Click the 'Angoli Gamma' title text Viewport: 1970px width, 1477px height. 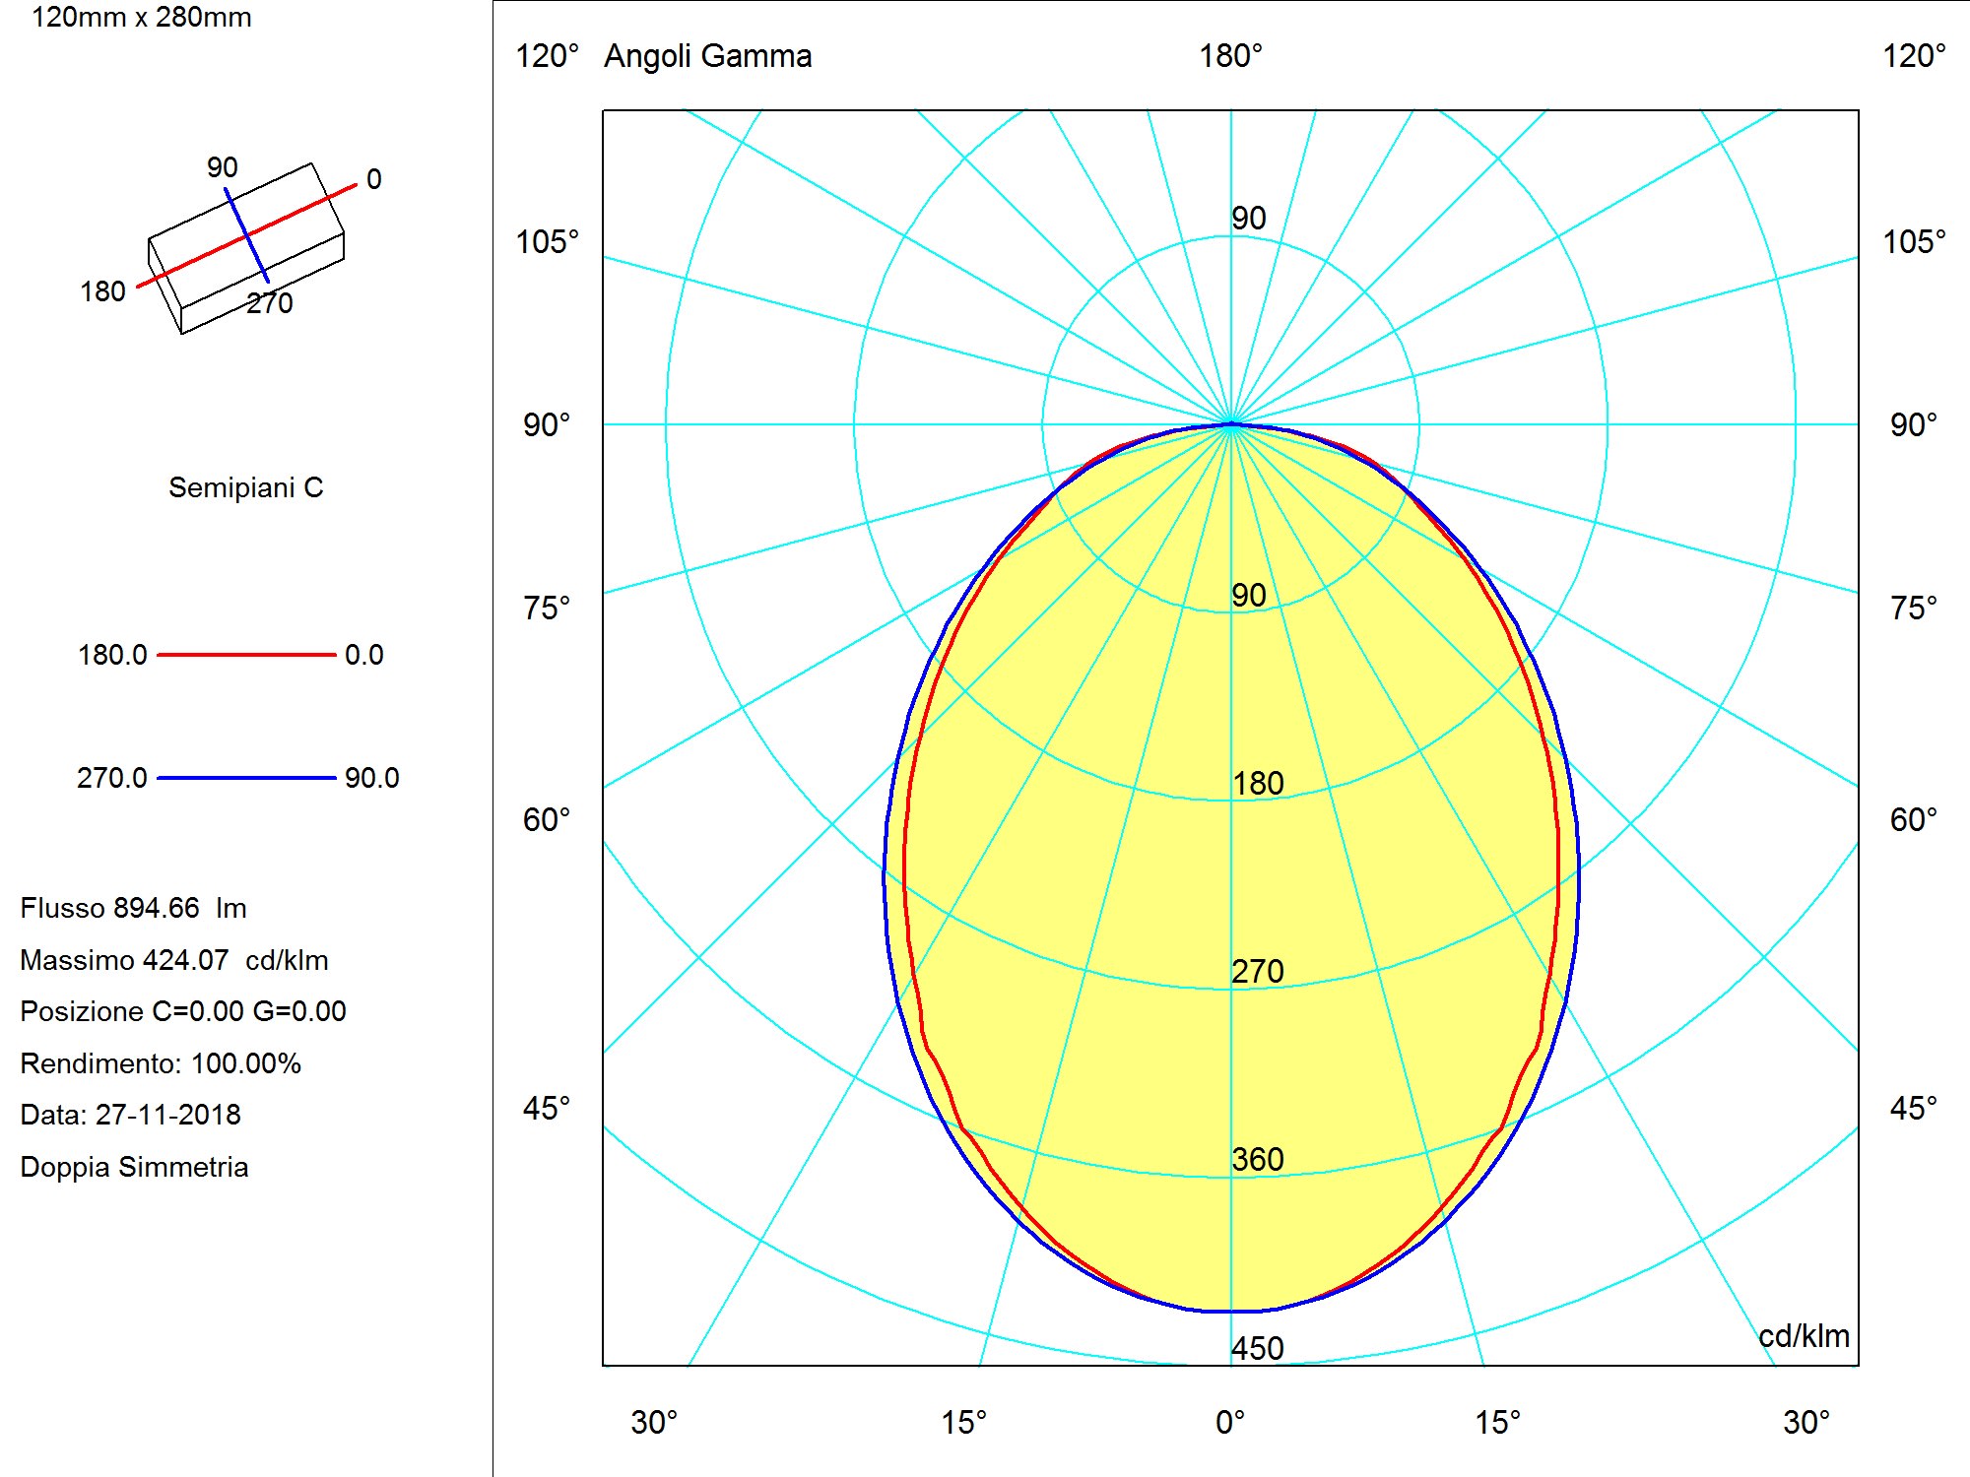tap(707, 56)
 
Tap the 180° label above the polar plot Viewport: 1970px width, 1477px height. tap(1230, 56)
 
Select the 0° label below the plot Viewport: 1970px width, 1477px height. tap(1230, 1422)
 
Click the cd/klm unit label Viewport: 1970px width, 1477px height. tap(1804, 1336)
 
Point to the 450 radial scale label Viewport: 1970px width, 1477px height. tap(1258, 1348)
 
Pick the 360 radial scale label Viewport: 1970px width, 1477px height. tap(1258, 1159)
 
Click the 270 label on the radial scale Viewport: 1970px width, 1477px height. tap(1258, 971)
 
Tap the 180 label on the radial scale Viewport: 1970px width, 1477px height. tap(1258, 783)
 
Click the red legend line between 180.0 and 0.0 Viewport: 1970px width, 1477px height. tap(246, 655)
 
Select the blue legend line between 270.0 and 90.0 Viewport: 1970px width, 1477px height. tap(246, 778)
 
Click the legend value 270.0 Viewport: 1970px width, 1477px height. tap(111, 778)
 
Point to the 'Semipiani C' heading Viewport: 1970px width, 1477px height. tap(245, 487)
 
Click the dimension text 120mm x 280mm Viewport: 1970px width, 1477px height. tap(142, 18)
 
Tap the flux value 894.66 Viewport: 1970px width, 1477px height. tap(157, 908)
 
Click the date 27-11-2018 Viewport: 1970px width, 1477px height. tap(167, 1115)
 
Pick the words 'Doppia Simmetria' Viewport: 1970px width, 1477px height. tap(134, 1167)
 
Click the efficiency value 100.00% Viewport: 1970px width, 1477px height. tap(246, 1063)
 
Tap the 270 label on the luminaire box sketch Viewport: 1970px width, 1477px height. tap(270, 303)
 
